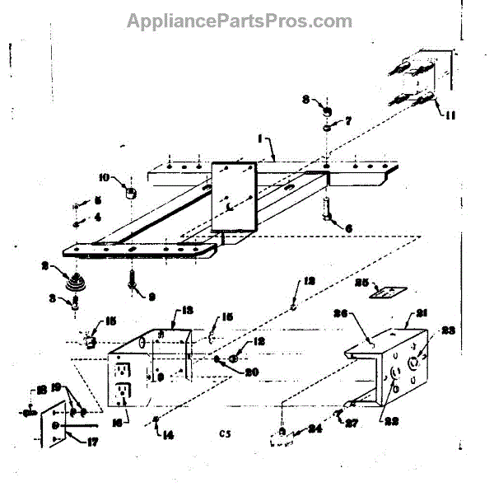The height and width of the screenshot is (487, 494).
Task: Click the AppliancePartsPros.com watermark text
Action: pos(240,21)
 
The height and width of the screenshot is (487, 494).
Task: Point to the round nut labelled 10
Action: pos(130,194)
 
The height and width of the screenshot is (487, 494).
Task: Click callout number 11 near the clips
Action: pos(450,115)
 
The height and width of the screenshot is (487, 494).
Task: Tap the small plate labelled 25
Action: pos(384,290)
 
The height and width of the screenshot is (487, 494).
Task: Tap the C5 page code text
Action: pos(226,432)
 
